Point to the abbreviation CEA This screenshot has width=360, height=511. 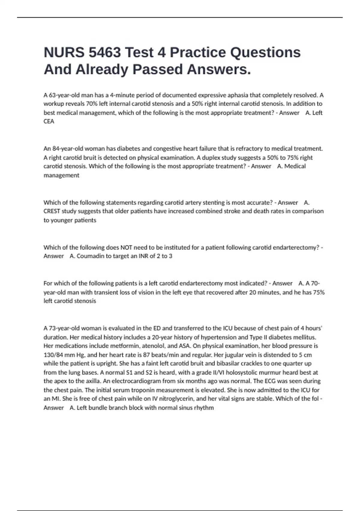49,121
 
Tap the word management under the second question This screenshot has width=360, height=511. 61,175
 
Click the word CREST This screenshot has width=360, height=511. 52,211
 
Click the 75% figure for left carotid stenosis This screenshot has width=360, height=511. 319,292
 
